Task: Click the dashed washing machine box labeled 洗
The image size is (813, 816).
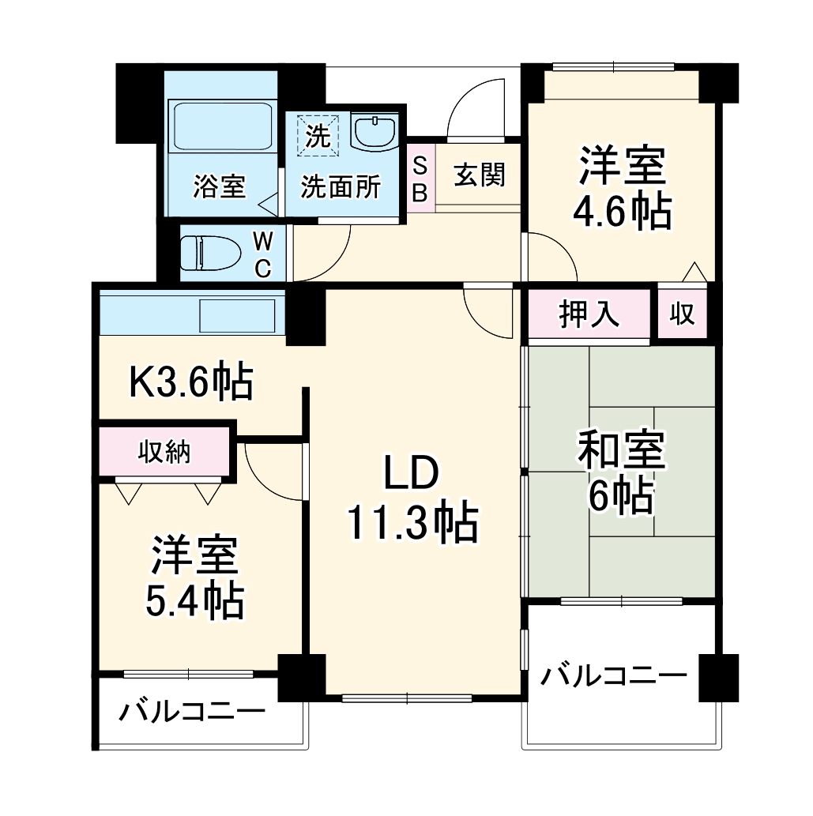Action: pos(317,134)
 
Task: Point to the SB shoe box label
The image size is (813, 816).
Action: pos(420,179)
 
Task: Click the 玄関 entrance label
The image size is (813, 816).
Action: pos(479,176)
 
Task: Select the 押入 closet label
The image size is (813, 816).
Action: pos(589,314)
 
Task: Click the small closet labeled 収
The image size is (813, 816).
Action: pos(683,314)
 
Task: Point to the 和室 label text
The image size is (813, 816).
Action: pos(623,453)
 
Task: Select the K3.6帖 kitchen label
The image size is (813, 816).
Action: pos(191,384)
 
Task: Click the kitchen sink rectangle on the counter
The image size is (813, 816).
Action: pos(238,315)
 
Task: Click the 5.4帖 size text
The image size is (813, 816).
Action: pos(194,603)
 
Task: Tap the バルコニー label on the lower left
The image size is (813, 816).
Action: pos(192,713)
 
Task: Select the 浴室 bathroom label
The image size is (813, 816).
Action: pos(220,187)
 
